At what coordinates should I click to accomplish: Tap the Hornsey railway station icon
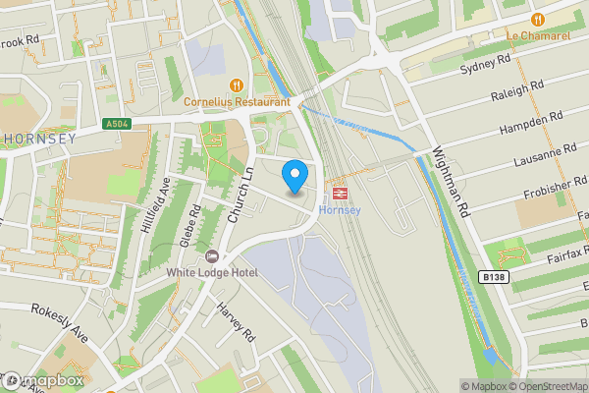point(341,194)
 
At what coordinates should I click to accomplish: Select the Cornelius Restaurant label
point(237,101)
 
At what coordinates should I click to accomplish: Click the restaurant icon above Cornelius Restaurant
point(236,84)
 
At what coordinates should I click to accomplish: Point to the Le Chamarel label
point(538,36)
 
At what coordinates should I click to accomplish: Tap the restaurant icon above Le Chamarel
point(538,19)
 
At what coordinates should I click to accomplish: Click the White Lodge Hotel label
point(211,272)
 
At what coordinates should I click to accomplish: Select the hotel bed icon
point(201,255)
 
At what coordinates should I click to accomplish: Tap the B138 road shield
point(495,278)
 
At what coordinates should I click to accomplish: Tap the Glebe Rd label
point(193,224)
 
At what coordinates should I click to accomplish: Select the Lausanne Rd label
point(545,156)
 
